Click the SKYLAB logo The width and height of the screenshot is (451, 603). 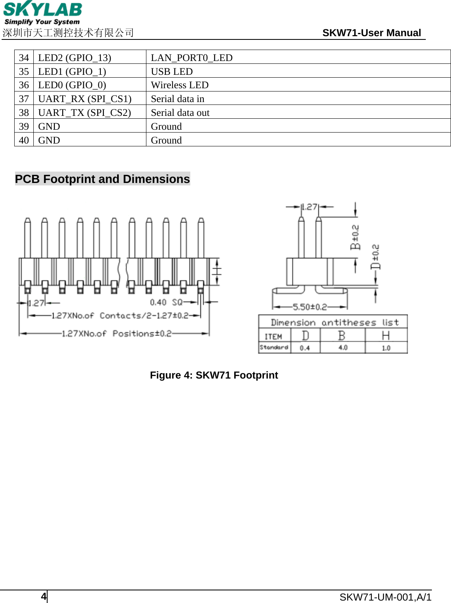pos(42,13)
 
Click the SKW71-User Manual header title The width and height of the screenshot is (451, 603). pos(371,33)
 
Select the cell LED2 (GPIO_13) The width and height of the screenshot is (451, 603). pos(74,58)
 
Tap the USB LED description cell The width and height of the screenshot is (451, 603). pos(172,72)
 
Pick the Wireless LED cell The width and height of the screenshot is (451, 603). pos(179,85)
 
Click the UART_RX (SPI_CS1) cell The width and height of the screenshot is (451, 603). pos(85,99)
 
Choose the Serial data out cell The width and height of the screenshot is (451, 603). pos(180,113)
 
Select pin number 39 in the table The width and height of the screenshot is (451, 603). pos(24,126)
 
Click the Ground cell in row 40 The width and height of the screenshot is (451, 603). pos(166,140)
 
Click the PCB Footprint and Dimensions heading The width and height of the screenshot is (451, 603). pos(102,179)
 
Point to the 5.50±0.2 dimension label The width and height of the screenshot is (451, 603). pos(310,307)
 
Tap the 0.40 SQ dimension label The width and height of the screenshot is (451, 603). pos(166,302)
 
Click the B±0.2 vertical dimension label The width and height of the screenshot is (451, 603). pos(355,237)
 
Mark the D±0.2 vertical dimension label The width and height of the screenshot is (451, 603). pos(375,257)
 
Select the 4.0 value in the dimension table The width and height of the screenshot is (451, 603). pos(343,348)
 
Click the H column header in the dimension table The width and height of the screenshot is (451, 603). pos(386,335)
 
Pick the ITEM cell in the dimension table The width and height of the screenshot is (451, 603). pos(273,336)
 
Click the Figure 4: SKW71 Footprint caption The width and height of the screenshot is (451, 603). pos(214,375)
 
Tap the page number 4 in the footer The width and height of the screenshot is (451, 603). pos(44,596)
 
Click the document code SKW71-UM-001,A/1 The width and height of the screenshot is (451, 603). pos(385,597)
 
